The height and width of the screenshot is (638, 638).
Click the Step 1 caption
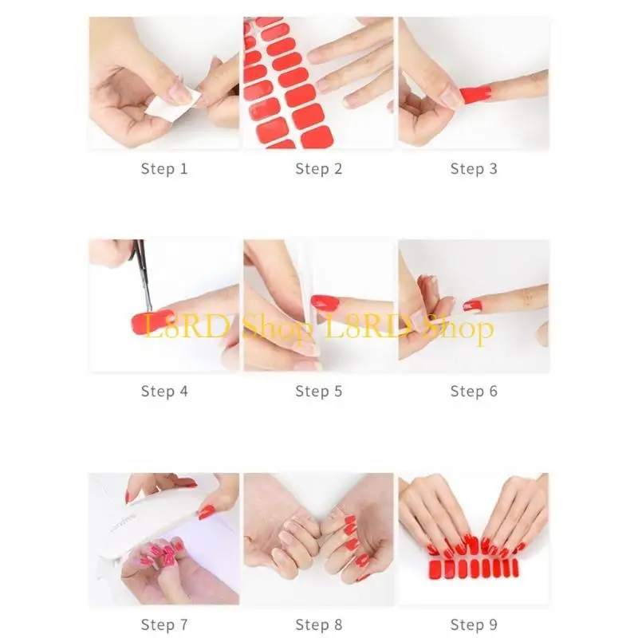coord(164,168)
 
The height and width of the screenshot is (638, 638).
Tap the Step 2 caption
coord(318,168)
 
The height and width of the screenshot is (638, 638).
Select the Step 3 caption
coord(473,168)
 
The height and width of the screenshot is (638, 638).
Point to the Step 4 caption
coord(164,391)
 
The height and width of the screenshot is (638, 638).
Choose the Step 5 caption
coord(318,391)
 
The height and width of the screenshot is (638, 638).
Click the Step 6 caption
coord(473,391)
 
